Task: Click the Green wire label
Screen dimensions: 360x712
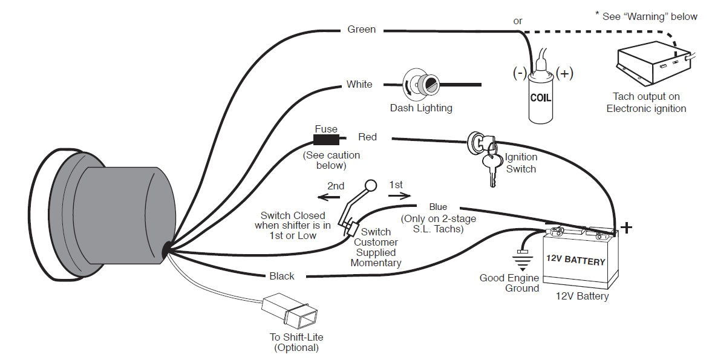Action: [x=361, y=29]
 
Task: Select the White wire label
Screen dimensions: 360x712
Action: [x=359, y=84]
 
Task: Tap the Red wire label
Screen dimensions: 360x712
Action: [x=367, y=137]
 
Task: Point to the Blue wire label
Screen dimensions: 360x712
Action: [x=438, y=207]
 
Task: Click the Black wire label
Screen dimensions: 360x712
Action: [x=282, y=276]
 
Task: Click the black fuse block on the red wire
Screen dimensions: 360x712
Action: [x=325, y=140]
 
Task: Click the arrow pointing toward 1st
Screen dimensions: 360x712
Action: [x=399, y=195]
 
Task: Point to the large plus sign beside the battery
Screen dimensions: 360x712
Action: [x=627, y=227]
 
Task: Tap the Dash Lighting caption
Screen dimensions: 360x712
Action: [x=420, y=108]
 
